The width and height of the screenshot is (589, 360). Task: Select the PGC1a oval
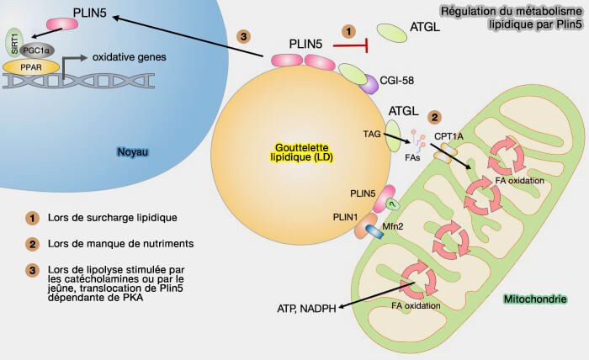(35, 50)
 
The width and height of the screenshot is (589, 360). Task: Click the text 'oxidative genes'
(125, 57)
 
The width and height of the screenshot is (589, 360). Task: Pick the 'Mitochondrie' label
(533, 299)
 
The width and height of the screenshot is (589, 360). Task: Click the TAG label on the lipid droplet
(371, 133)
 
